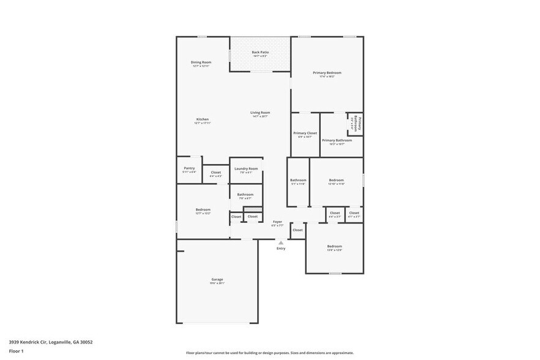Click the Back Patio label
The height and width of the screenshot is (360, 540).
click(x=260, y=52)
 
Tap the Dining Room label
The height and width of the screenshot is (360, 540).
click(x=201, y=62)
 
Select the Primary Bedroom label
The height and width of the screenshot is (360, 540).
click(x=327, y=73)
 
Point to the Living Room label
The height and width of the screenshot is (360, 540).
click(x=260, y=113)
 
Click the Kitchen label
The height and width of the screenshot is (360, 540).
click(x=202, y=119)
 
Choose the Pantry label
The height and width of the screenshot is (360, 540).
click(x=189, y=168)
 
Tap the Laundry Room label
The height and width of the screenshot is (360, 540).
click(x=246, y=168)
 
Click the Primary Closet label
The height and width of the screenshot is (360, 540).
click(x=305, y=133)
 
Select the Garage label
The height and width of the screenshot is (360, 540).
click(x=217, y=280)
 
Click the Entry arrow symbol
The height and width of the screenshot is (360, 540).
click(x=281, y=242)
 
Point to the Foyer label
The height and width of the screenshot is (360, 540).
click(x=277, y=222)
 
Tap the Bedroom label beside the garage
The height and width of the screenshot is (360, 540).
click(x=203, y=209)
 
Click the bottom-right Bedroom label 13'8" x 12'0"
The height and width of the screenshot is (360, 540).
click(x=334, y=246)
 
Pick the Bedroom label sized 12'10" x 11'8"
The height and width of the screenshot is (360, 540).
click(x=336, y=180)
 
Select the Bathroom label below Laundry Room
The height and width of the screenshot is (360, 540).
click(x=245, y=194)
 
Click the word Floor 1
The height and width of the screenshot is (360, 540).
click(x=16, y=351)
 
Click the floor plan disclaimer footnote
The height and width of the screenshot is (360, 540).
click(x=270, y=353)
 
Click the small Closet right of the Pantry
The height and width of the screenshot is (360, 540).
click(x=216, y=173)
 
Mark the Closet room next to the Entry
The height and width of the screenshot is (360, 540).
click(x=298, y=230)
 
